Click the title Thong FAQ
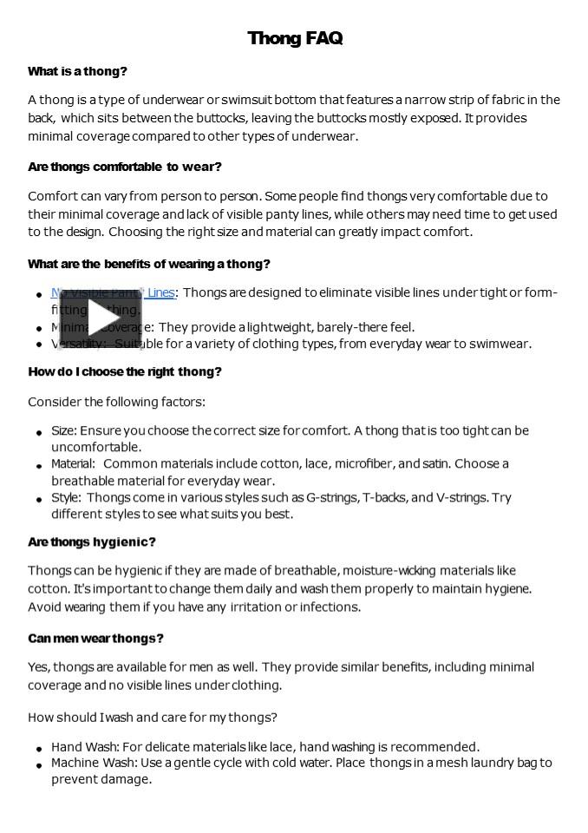click(x=295, y=38)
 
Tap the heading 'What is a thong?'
click(x=77, y=71)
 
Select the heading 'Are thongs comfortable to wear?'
click(x=125, y=167)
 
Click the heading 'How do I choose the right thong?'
click(x=125, y=371)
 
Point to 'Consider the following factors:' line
click(x=116, y=402)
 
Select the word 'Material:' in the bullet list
click(x=73, y=463)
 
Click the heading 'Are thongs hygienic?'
click(x=92, y=542)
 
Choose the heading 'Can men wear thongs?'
click(x=95, y=639)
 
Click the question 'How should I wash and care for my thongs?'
click(x=153, y=718)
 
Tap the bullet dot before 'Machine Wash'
click(x=40, y=765)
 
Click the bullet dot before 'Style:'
click(x=40, y=500)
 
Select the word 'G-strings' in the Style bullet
click(x=332, y=497)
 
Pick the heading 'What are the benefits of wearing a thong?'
click(x=149, y=264)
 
